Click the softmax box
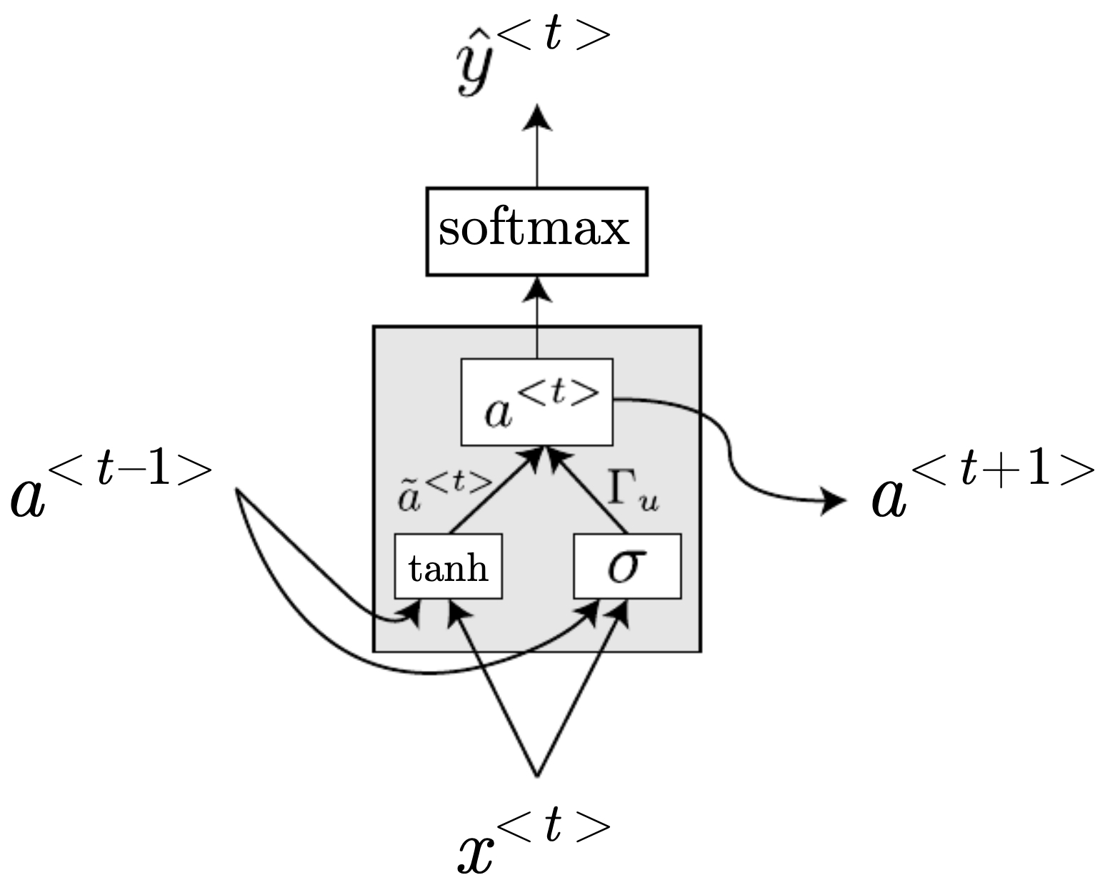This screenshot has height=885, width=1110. (x=536, y=231)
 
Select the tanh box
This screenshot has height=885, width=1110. (x=448, y=567)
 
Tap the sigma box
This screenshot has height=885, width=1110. (x=627, y=567)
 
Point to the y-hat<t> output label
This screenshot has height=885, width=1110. (x=532, y=61)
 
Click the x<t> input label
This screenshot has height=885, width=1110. (x=532, y=842)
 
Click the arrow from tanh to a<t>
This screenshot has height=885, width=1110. (x=493, y=492)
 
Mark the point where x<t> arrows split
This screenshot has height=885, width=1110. (x=537, y=775)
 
